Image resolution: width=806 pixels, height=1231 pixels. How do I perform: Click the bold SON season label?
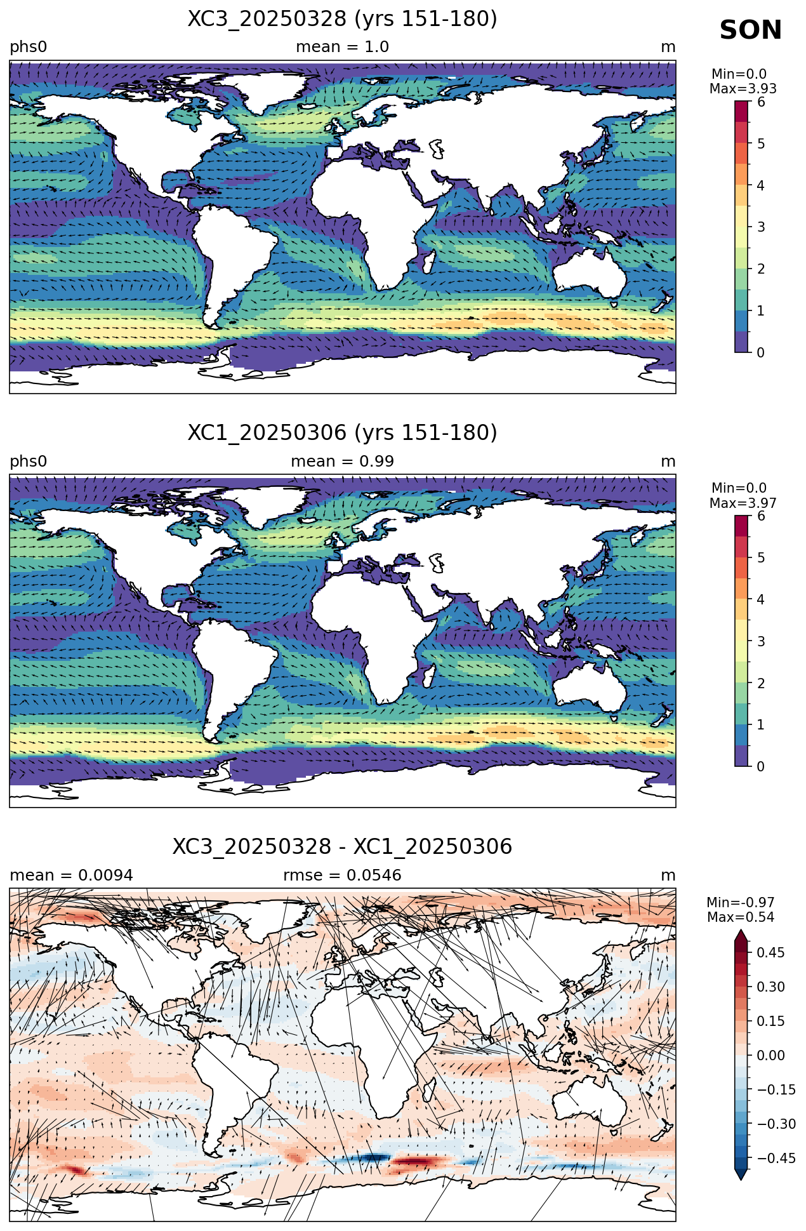click(751, 30)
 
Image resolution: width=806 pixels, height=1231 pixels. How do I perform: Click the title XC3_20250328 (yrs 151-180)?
click(342, 19)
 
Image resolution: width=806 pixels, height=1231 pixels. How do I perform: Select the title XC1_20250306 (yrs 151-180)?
click(342, 433)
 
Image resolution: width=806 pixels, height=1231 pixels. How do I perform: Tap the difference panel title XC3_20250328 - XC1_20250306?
click(342, 847)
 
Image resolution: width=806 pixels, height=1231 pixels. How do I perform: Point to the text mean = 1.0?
click(342, 47)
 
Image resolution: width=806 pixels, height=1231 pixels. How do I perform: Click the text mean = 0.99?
click(342, 462)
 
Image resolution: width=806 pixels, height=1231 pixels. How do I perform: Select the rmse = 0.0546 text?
click(342, 875)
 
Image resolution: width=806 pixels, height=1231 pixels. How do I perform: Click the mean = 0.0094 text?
click(71, 875)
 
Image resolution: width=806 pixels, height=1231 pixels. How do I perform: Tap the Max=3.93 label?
click(743, 89)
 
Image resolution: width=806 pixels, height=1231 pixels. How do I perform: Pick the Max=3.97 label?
click(743, 503)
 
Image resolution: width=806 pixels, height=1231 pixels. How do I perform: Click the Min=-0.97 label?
click(740, 903)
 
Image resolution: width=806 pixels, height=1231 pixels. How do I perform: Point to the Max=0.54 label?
click(740, 917)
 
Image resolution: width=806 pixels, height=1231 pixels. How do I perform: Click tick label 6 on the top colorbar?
click(761, 102)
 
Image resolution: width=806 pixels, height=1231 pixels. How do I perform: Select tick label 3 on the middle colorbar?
click(761, 641)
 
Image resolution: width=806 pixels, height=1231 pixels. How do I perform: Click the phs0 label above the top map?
click(28, 48)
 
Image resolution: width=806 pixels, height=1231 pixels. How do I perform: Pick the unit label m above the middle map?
click(668, 462)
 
